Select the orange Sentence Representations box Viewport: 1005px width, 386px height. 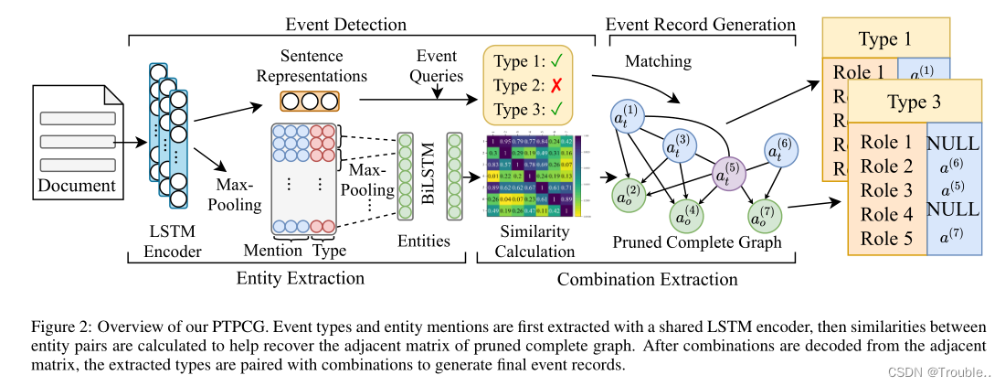(x=309, y=100)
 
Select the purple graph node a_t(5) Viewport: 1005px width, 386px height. (x=728, y=172)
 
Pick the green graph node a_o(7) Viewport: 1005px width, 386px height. (x=764, y=216)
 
